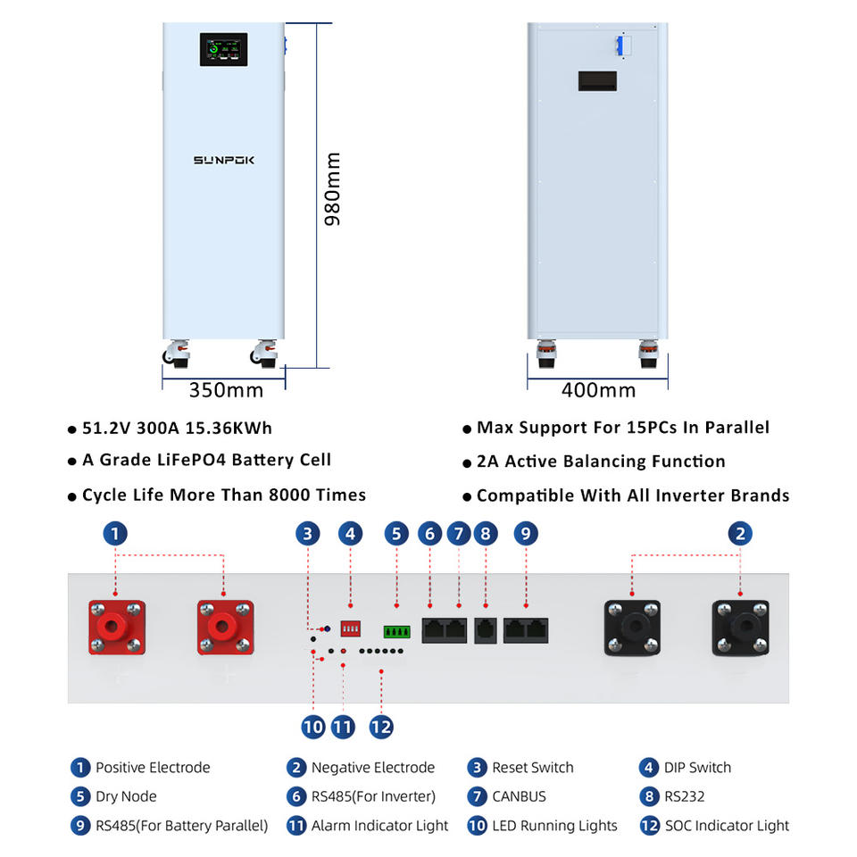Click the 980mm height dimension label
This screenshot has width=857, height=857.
click(332, 189)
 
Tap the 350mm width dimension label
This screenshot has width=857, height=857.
click(226, 390)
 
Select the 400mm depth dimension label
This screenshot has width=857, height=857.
click(598, 390)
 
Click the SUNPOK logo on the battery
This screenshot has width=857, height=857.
click(223, 160)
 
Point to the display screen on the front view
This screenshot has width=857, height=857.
click(223, 50)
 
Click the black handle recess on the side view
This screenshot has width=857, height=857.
click(597, 81)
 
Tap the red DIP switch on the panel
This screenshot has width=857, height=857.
click(350, 628)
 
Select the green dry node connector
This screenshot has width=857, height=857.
click(396, 632)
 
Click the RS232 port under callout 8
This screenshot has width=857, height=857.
click(486, 631)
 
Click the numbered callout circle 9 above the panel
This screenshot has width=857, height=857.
click(526, 534)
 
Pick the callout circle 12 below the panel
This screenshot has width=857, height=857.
click(381, 727)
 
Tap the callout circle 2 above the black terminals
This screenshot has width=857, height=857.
click(740, 534)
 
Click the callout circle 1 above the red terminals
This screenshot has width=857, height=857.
click(115, 534)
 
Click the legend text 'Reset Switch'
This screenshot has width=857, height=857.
click(533, 768)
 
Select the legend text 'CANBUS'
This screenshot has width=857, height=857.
click(520, 796)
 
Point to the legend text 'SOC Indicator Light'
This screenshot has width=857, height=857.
click(727, 825)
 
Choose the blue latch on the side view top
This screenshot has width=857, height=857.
click(620, 46)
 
